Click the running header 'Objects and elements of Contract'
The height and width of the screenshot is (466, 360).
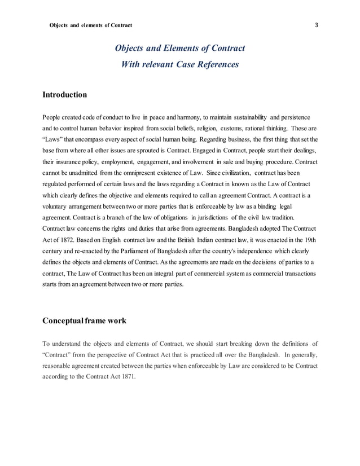[x=91, y=25]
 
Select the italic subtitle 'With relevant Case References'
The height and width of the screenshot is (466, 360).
[x=180, y=64]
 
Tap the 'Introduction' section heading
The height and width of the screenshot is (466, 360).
[x=64, y=95]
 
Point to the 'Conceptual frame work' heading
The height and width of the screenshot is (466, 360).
[x=85, y=321]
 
